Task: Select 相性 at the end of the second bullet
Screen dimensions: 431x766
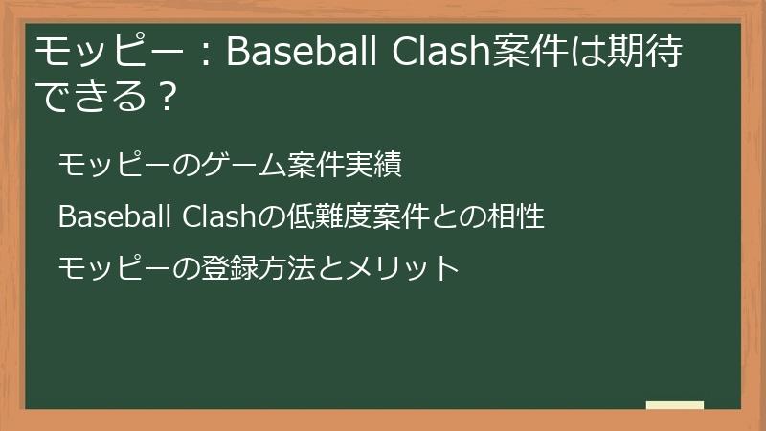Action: coord(517,216)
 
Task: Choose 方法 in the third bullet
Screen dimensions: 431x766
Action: coord(276,267)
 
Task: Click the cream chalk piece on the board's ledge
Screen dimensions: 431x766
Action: coord(674,405)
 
